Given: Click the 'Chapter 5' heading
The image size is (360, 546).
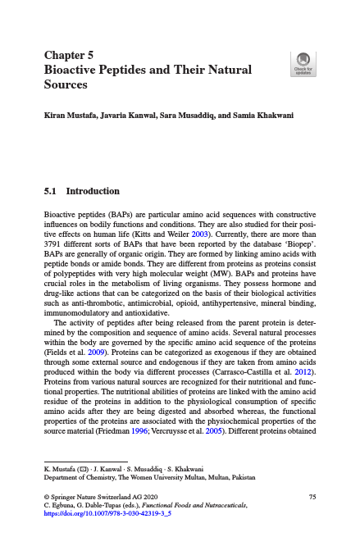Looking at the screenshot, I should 69,56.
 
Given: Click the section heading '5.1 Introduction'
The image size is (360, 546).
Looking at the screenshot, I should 81,191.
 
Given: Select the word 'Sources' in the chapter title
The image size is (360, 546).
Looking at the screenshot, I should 66,84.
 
